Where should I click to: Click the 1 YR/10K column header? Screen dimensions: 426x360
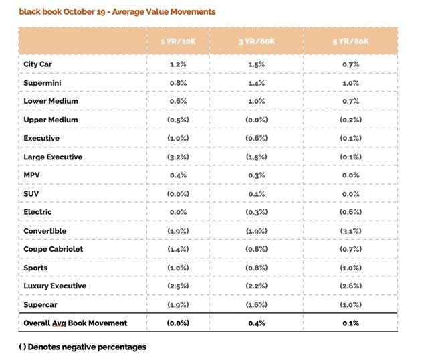coord(178,41)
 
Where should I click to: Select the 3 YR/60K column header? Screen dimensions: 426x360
coord(257,41)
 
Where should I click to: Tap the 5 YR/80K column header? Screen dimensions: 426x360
coord(350,41)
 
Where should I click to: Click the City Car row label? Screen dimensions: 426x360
coord(37,64)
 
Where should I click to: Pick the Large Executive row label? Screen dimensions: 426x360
coord(53,157)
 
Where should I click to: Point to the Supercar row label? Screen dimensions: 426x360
coord(40,305)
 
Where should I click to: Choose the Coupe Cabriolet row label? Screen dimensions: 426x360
coord(54,249)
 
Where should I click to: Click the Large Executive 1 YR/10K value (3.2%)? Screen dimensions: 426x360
coord(178,157)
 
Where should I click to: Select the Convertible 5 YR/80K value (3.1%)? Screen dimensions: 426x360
coord(350,231)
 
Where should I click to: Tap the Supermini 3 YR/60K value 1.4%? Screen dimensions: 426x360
coord(257,83)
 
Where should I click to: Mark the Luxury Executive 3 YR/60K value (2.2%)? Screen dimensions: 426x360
coord(257,286)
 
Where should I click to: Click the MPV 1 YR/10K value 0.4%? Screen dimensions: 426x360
coord(178,175)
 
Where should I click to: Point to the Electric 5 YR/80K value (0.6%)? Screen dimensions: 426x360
coord(350,212)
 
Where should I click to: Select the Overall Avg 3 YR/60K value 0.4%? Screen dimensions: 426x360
coord(257,323)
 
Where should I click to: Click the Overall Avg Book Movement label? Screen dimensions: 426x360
coord(76,323)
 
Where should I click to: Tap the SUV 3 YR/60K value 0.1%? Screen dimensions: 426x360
coord(257,194)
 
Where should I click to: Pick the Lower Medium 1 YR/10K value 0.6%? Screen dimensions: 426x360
coord(178,102)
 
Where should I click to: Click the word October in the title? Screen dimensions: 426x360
coord(80,12)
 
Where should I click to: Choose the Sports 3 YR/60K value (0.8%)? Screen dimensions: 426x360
coord(257,268)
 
